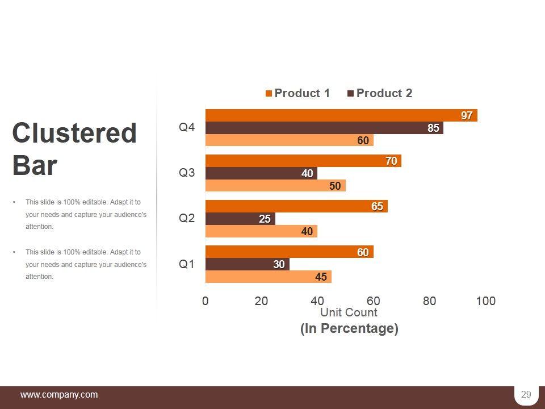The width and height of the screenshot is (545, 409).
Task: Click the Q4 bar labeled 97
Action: pos(341,115)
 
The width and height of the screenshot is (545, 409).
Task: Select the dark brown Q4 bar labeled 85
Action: pos(324,128)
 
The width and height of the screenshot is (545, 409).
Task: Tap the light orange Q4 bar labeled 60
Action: pos(289,140)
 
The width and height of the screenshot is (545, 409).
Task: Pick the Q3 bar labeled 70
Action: pos(303,161)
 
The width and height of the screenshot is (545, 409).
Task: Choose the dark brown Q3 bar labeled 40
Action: pos(261,173)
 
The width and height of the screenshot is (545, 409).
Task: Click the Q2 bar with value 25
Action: pos(240,219)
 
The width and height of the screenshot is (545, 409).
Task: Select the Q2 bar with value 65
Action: pos(296,206)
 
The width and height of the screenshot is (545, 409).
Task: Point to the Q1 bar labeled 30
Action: pos(247,264)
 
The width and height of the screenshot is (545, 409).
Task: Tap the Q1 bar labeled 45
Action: pos(268,277)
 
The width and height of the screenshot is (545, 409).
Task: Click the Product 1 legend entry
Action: pos(298,93)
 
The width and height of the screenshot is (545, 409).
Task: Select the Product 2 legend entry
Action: pos(380,93)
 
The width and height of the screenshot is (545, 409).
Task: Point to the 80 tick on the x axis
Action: pos(430,301)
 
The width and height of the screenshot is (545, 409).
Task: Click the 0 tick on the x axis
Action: pos(206,301)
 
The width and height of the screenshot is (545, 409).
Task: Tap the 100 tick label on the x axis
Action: pos(486,301)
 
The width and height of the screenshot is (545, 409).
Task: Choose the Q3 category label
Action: pos(187,173)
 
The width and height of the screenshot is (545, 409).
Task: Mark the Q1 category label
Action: pos(187,264)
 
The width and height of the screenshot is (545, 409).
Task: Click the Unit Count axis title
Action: pos(349,312)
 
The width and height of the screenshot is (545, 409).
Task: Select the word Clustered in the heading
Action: pos(74,133)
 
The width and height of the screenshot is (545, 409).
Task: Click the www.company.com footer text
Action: pos(59,395)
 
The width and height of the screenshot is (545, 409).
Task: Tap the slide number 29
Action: pos(526,395)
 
